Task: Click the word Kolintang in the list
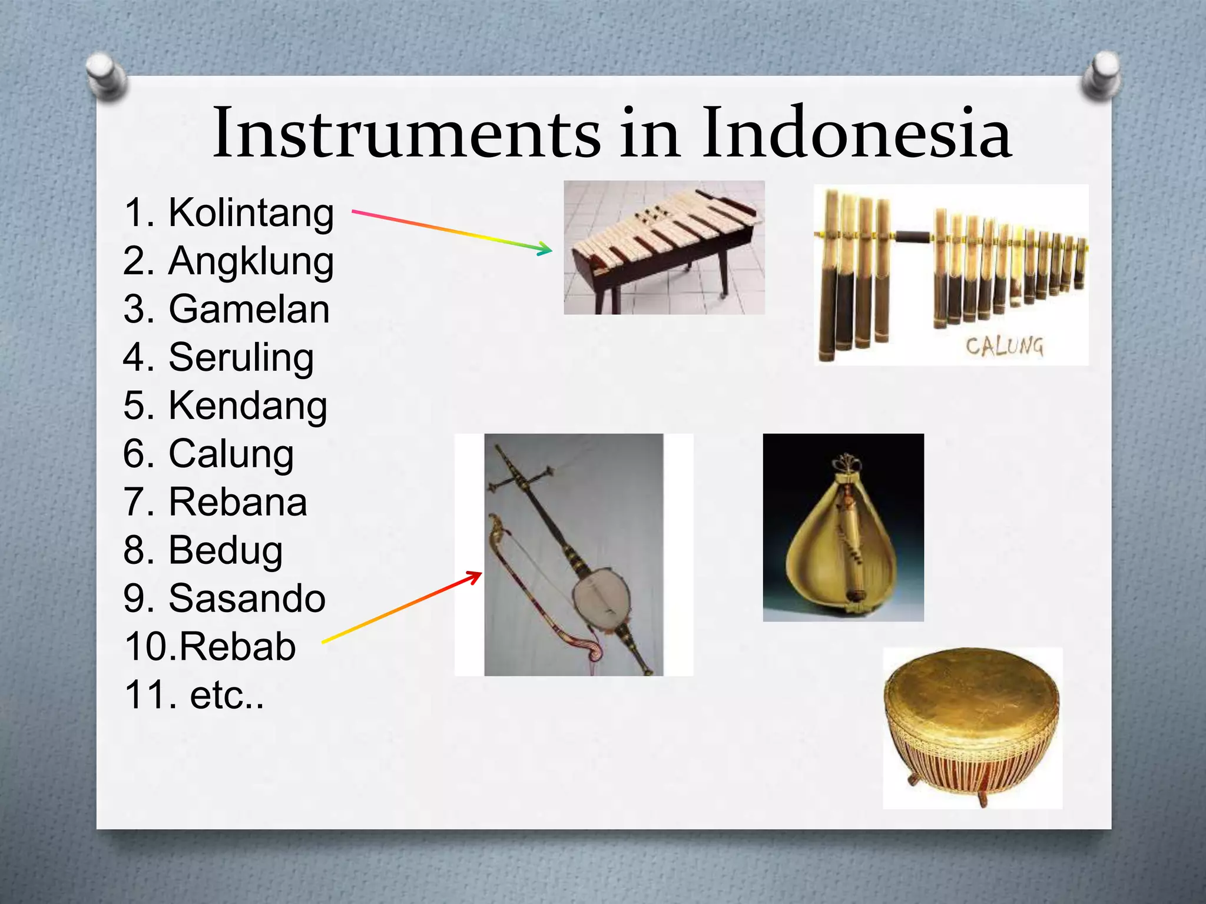point(251,213)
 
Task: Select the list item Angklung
point(251,261)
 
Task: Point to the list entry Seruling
point(241,358)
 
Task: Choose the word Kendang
point(247,406)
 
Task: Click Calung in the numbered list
point(231,454)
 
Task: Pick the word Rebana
point(237,503)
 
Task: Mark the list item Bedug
point(226,551)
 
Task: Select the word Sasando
point(247,599)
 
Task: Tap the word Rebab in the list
point(237,647)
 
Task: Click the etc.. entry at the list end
point(227,696)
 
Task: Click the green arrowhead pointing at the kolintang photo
point(545,249)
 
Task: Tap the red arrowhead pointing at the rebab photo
point(474,577)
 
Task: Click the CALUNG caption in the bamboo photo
point(1004,346)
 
